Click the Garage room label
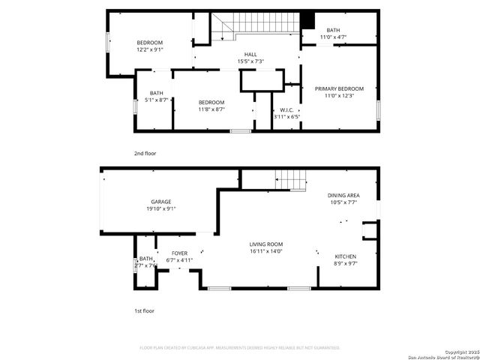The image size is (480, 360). (161, 202)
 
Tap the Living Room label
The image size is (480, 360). (266, 244)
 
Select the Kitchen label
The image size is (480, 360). (345, 256)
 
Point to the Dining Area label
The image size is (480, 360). (343, 196)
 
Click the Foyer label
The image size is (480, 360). (180, 253)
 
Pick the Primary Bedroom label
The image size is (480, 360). (343, 88)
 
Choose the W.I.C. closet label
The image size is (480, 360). (286, 109)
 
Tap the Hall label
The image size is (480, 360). (250, 55)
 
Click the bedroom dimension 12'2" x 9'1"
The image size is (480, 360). (150, 50)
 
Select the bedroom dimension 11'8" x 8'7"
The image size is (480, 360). (211, 109)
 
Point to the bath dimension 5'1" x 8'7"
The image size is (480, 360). (156, 100)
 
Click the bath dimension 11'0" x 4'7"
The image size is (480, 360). (333, 37)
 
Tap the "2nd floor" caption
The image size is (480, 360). (145, 154)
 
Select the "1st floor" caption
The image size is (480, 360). (144, 310)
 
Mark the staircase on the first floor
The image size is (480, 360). (291, 180)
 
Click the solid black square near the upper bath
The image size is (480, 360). (307, 20)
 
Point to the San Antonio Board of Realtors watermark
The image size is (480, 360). (442, 355)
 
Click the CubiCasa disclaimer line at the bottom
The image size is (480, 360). (240, 348)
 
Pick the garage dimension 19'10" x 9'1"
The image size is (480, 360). (161, 208)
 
